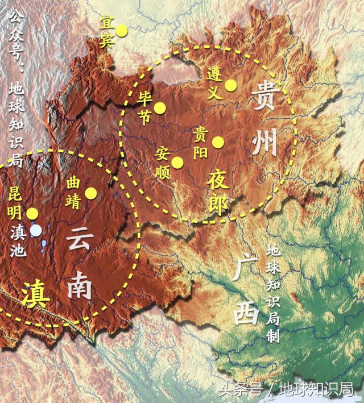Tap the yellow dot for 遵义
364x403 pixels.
tap(230, 85)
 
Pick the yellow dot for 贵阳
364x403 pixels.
tap(218, 143)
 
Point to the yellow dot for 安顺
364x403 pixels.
tap(177, 162)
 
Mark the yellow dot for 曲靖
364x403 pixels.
tap(91, 193)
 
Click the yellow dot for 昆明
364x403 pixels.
tap(32, 214)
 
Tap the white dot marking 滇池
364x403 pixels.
tap(36, 230)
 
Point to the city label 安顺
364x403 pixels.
tap(163, 161)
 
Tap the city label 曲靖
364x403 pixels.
tap(73, 193)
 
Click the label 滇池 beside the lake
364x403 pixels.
tap(17, 242)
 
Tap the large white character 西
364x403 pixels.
tap(246, 310)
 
